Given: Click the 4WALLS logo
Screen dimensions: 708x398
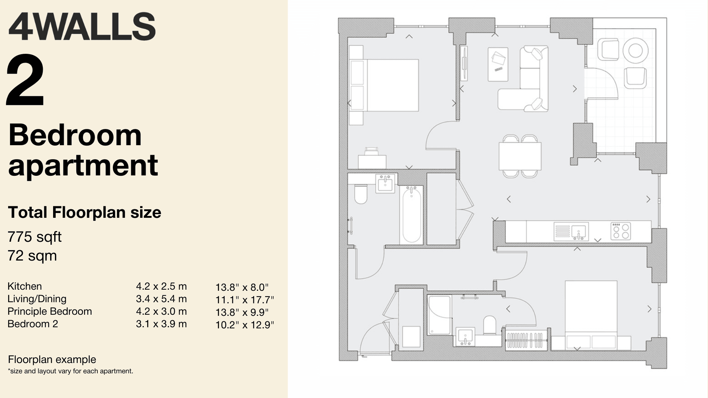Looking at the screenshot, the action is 82,26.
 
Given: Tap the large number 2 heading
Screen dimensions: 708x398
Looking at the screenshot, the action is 25,80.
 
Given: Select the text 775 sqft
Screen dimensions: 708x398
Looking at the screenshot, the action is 34,237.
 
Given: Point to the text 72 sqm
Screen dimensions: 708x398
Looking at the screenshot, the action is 32,256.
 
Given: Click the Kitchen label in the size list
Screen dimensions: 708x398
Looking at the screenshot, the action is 25,286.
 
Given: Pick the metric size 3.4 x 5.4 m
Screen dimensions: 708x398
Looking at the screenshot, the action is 161,299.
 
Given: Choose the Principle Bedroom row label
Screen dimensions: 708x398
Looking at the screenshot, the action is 50,311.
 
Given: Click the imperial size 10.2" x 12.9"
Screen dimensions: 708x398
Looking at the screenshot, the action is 245,325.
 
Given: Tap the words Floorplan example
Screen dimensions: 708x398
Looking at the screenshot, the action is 52,359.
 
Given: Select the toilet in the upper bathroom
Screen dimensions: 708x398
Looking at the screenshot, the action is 361,194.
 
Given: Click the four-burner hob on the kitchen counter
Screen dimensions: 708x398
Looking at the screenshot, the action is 620,231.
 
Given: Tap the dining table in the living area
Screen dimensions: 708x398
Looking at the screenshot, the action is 520,156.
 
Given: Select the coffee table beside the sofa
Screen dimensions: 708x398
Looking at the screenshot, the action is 498,64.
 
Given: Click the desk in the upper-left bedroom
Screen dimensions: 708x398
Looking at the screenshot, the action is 372,162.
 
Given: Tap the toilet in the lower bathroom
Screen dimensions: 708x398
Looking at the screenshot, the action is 490,325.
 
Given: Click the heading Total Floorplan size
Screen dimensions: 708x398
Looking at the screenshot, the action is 84,213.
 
